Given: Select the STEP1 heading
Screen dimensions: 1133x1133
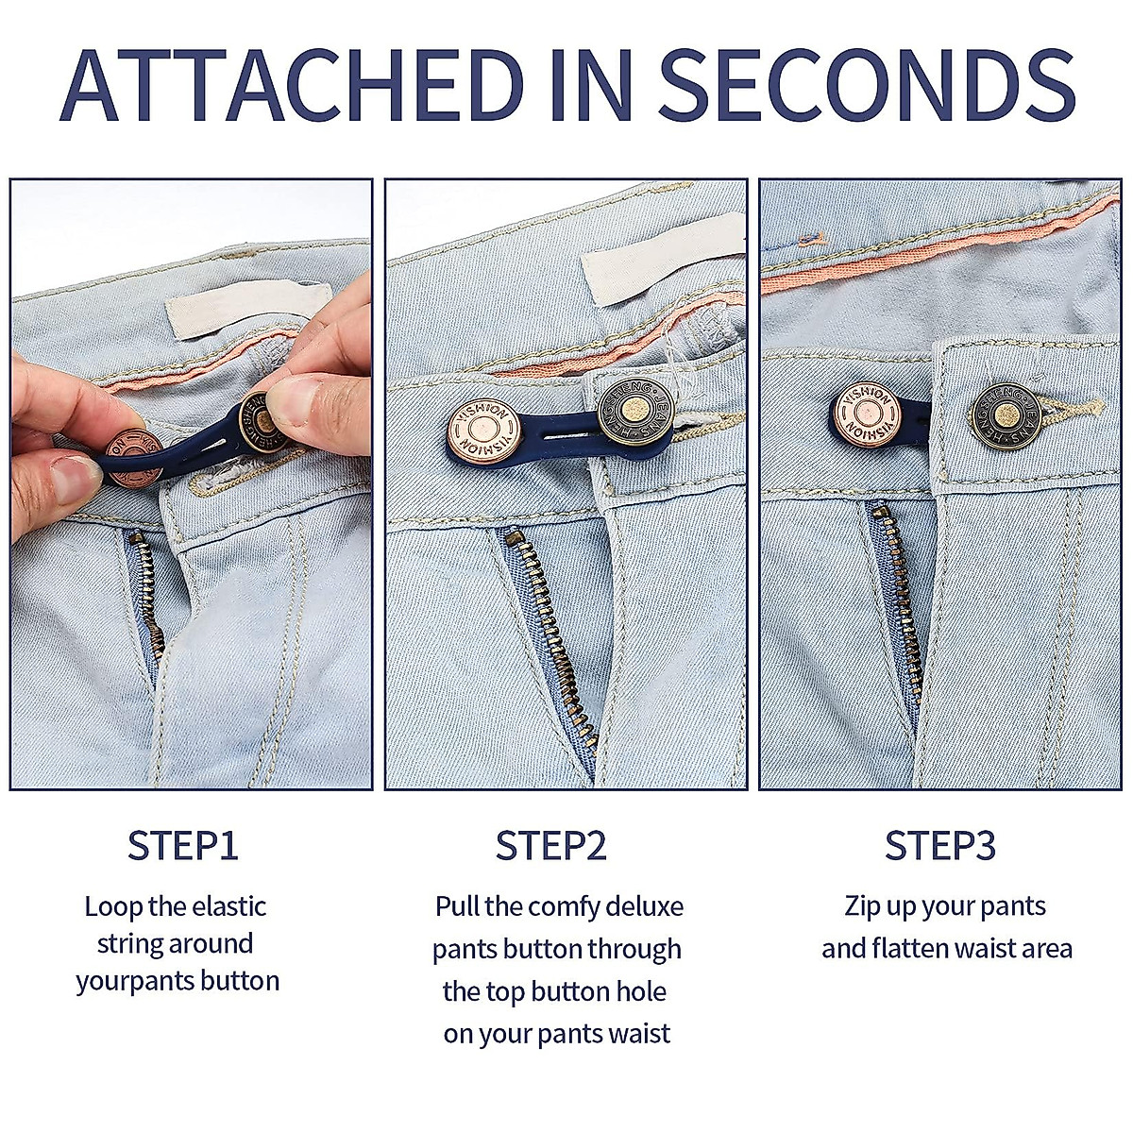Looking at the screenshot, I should pos(182,845).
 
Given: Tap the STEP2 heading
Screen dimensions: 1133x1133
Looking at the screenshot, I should pos(551,845).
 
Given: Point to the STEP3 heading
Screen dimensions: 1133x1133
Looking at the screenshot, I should pos(939,845).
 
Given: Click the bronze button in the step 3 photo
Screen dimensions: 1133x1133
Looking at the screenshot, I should pos(1006,415).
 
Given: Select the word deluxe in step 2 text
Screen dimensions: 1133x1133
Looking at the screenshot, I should pos(644,906).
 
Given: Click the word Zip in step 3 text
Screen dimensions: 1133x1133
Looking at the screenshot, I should pos(862,906).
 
